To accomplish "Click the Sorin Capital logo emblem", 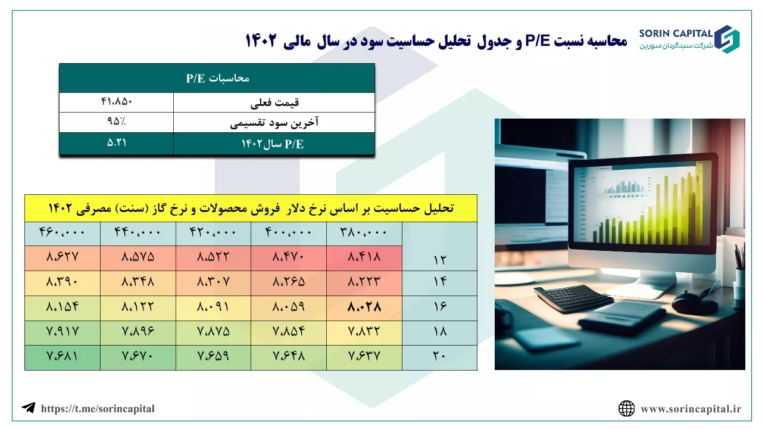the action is [727, 39].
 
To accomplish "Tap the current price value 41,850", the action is [116, 101].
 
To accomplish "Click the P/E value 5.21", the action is [116, 142].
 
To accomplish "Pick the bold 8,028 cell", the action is [364, 307].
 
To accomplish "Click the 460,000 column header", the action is [63, 232].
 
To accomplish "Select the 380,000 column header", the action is [364, 232].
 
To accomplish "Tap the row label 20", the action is [439, 356].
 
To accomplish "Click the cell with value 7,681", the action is [63, 356].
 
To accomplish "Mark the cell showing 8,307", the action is [213, 282].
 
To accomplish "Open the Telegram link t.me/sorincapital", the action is [98, 409].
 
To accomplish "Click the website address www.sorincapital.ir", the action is [691, 409].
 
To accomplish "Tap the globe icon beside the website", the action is [627, 409].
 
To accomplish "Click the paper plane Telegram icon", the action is [29, 408].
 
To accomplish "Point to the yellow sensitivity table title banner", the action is [251, 209].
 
